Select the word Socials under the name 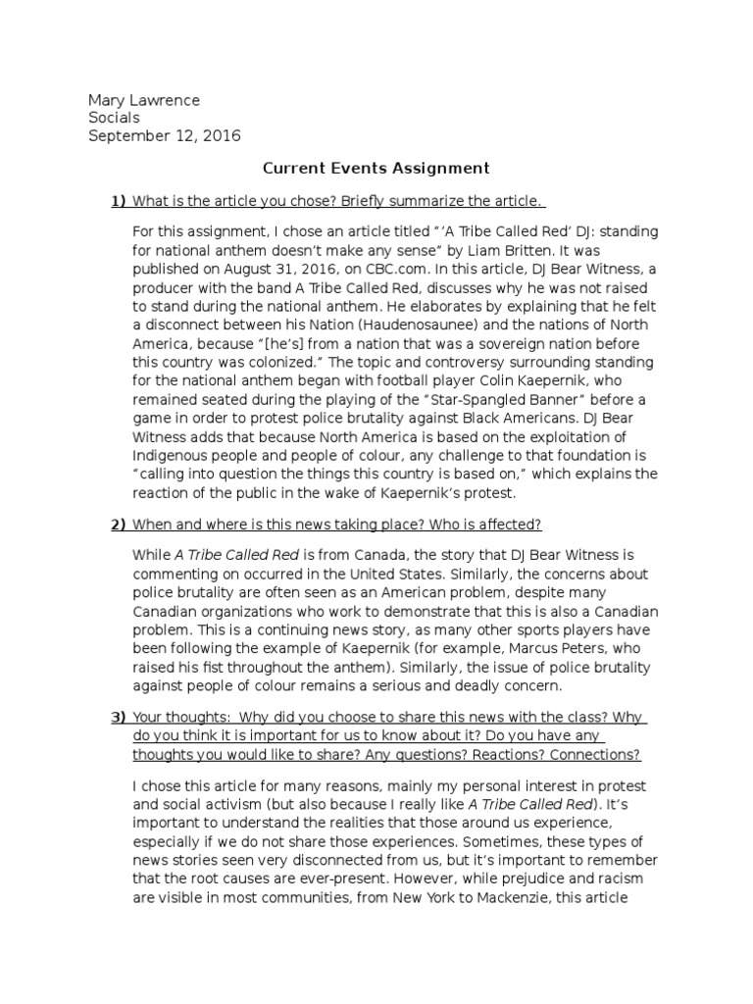click(114, 118)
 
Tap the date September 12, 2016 click(164, 135)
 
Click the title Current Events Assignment click(376, 169)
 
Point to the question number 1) click(119, 201)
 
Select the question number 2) click(119, 525)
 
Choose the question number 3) click(119, 719)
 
